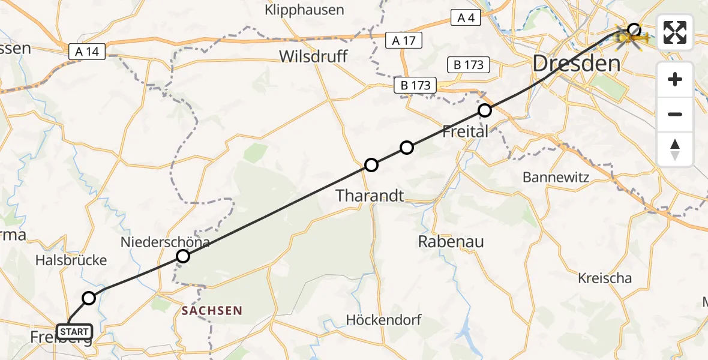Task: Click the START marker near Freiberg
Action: pyautogui.click(x=74, y=331)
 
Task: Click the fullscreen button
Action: pyautogui.click(x=675, y=33)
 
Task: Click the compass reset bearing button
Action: pyautogui.click(x=675, y=149)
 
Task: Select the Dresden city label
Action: pyautogui.click(x=576, y=63)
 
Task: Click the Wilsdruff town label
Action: pyautogui.click(x=313, y=56)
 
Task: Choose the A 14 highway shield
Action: pyautogui.click(x=88, y=52)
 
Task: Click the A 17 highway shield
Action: pyautogui.click(x=404, y=41)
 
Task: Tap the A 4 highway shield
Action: pyautogui.click(x=466, y=18)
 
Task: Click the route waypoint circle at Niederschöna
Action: pyautogui.click(x=183, y=256)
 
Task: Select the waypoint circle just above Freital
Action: pyautogui.click(x=485, y=110)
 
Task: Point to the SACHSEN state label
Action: pyautogui.click(x=212, y=311)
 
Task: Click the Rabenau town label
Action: pyautogui.click(x=451, y=242)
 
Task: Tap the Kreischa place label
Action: pyautogui.click(x=605, y=278)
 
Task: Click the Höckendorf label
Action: pyautogui.click(x=384, y=320)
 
